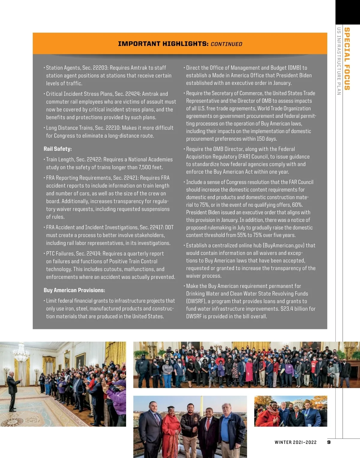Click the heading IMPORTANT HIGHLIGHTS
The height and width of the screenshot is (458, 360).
163,44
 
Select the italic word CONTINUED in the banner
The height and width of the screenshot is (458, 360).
226,44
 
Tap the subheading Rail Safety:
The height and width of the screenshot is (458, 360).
58,149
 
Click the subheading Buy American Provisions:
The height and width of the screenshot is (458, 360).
74,290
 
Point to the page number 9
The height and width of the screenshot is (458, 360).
329,442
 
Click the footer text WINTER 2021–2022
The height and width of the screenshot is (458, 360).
295,442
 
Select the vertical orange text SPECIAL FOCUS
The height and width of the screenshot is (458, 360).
347,59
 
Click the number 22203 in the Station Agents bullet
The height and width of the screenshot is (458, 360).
100,68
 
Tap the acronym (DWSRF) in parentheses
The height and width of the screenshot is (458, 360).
196,301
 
